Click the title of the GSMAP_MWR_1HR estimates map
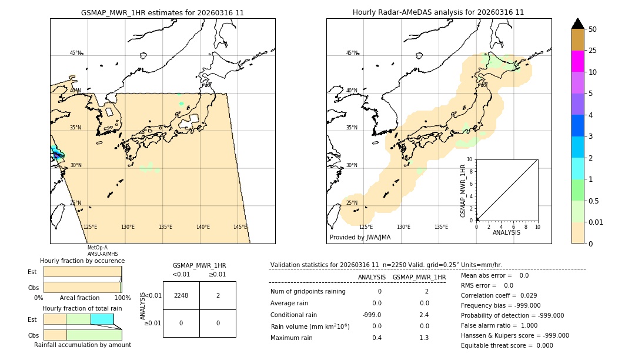tap(162, 12)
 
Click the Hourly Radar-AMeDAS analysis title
tap(438, 12)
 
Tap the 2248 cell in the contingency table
tap(181, 295)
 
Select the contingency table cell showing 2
tap(218, 295)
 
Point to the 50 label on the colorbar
tap(593, 29)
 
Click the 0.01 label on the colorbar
tap(595, 222)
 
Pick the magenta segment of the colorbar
tap(577, 61)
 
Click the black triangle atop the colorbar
tap(577, 24)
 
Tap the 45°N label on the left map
tap(76, 53)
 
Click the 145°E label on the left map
tap(240, 227)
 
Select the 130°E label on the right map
tap(403, 227)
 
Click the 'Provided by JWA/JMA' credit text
tap(360, 237)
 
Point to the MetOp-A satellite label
tap(97, 248)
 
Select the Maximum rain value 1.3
tap(423, 338)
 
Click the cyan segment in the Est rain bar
tap(102, 319)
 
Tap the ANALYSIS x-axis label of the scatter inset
tap(506, 232)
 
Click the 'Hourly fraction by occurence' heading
tap(82, 261)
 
